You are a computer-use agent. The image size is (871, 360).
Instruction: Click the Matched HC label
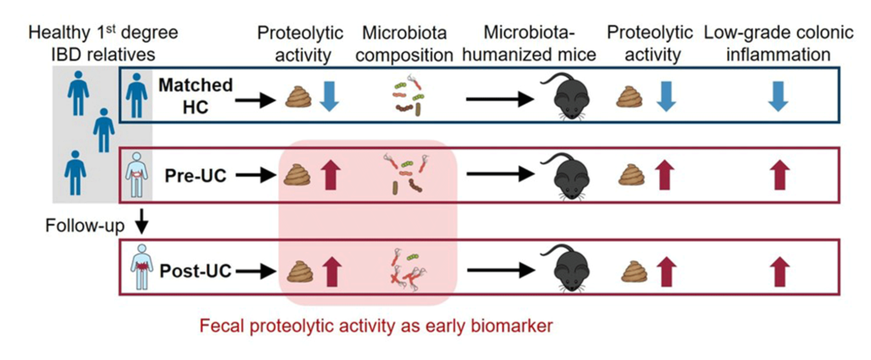(196, 96)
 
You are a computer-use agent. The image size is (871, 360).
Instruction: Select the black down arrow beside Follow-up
(143, 221)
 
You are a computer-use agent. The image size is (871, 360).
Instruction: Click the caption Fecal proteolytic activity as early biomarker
(377, 326)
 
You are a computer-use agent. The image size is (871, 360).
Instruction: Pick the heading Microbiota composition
(404, 44)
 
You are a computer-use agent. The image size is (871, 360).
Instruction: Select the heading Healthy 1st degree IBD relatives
(104, 44)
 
